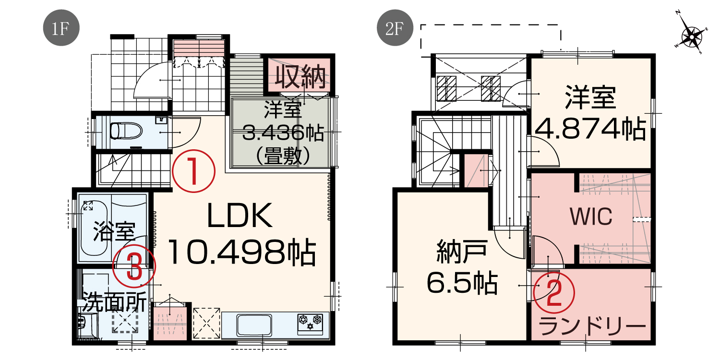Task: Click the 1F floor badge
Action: [61, 28]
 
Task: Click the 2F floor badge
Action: [395, 28]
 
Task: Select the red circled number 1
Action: [193, 171]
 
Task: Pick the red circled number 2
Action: [554, 292]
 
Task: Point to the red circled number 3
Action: [134, 266]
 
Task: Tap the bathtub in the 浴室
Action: [94, 231]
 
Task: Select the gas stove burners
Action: [310, 323]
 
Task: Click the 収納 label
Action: [300, 77]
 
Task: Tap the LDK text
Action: [240, 216]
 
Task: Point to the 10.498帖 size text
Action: [242, 252]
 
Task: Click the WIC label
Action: [591, 216]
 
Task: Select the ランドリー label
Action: [592, 326]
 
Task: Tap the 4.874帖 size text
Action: [591, 129]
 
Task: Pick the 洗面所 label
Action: [114, 302]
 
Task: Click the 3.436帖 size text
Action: [283, 132]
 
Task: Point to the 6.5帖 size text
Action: [462, 283]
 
